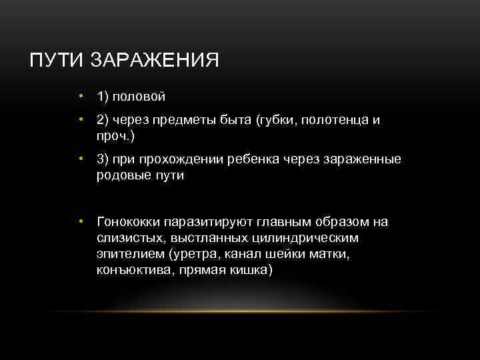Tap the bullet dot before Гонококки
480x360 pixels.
click(79, 221)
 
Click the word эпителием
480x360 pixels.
click(129, 254)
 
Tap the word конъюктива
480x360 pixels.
click(130, 270)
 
